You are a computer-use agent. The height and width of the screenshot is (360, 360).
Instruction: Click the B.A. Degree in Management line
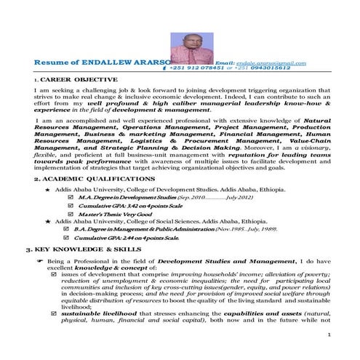(x=145, y=228)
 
